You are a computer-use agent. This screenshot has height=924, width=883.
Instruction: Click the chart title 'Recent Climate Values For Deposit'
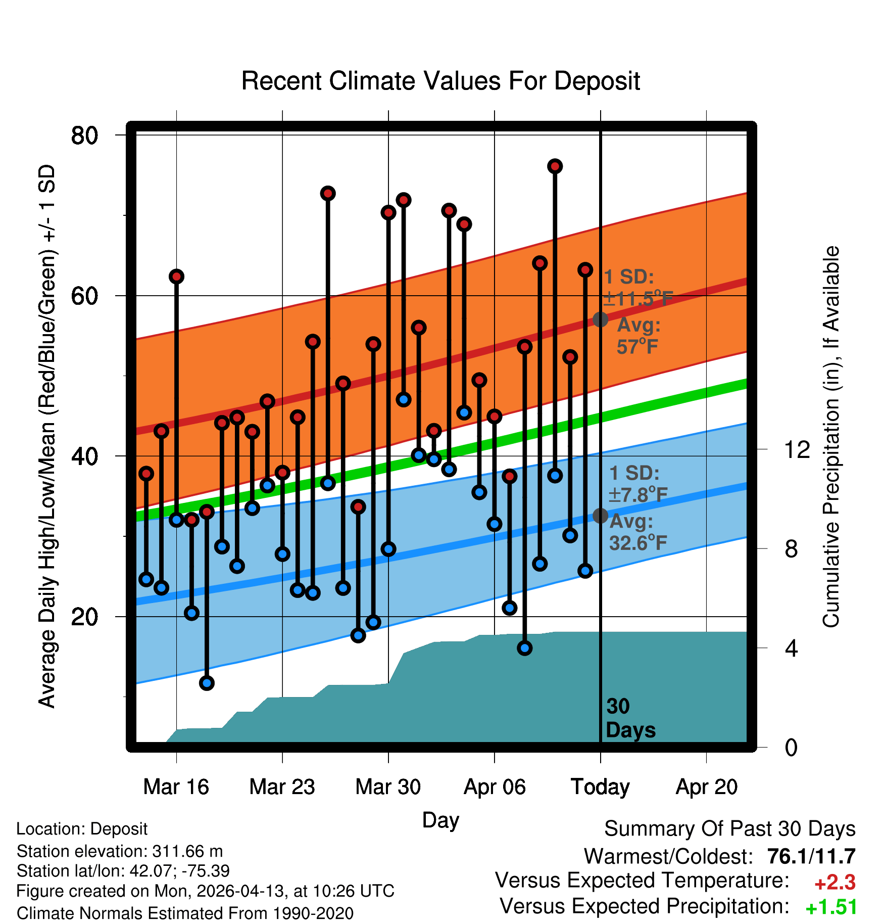440,81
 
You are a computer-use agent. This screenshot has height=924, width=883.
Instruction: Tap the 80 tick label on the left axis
84,135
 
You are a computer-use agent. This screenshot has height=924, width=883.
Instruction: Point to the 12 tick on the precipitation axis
797,449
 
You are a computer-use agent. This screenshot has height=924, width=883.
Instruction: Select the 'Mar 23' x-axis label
282,787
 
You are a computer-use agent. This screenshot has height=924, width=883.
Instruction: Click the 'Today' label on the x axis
600,787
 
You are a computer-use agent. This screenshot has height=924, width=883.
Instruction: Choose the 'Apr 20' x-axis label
707,787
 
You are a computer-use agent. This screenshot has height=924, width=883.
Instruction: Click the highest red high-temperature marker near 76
555,166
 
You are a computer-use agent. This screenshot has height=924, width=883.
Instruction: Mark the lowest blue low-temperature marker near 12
207,683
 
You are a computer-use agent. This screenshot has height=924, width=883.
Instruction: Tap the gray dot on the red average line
600,319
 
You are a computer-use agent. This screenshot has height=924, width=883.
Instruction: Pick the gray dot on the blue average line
600,516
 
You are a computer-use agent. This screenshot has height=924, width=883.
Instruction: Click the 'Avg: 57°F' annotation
639,336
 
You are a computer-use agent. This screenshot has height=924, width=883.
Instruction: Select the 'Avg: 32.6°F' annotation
638,532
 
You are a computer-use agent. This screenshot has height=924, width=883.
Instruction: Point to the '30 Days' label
630,718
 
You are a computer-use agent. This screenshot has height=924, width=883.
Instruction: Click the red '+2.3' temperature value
835,883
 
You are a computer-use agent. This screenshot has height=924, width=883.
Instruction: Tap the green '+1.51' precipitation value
831,907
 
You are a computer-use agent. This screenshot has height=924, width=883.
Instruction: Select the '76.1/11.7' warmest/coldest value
811,856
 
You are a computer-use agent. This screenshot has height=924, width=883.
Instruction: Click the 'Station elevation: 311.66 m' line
120,851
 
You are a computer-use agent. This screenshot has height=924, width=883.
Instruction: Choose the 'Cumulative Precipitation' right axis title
831,437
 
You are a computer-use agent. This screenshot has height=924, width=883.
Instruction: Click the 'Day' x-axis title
440,820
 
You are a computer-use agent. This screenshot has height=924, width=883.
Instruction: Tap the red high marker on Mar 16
176,276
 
